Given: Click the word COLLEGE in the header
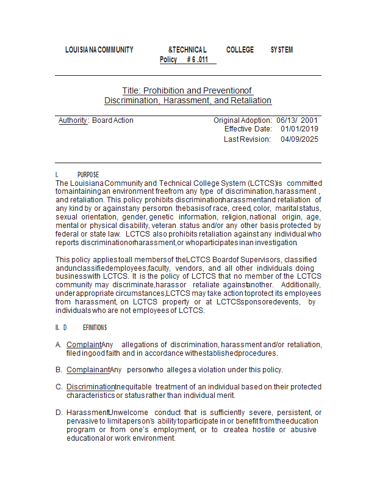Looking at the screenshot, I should [x=240, y=50].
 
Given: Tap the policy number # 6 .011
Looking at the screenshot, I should [x=198, y=60].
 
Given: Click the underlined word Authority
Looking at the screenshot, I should [x=73, y=120].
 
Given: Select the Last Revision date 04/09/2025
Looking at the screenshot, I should [x=300, y=139].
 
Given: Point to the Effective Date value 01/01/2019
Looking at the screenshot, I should [x=300, y=129].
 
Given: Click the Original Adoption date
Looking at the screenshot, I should [x=296, y=120].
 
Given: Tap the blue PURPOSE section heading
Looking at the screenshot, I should [x=88, y=175].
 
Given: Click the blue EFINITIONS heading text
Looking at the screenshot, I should [x=95, y=328].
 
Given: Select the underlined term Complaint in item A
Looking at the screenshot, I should [x=84, y=345].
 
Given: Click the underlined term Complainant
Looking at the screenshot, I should [x=88, y=370].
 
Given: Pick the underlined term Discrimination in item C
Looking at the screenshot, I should [x=90, y=387].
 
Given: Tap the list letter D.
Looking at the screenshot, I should [x=59, y=413].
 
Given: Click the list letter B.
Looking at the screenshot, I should [x=59, y=370].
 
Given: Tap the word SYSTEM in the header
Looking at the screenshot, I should [x=281, y=50].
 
